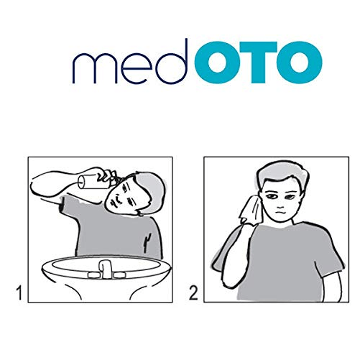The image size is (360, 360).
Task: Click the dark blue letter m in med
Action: point(95,68)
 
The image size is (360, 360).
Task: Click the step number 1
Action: point(19,292)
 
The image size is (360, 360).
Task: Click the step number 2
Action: point(193,292)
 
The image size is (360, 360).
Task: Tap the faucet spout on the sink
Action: point(106,269)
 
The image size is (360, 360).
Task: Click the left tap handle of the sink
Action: point(93,274)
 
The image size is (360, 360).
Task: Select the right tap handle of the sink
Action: point(119,274)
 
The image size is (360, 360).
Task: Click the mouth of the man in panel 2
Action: point(280,213)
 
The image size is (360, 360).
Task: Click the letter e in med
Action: point(137,69)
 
